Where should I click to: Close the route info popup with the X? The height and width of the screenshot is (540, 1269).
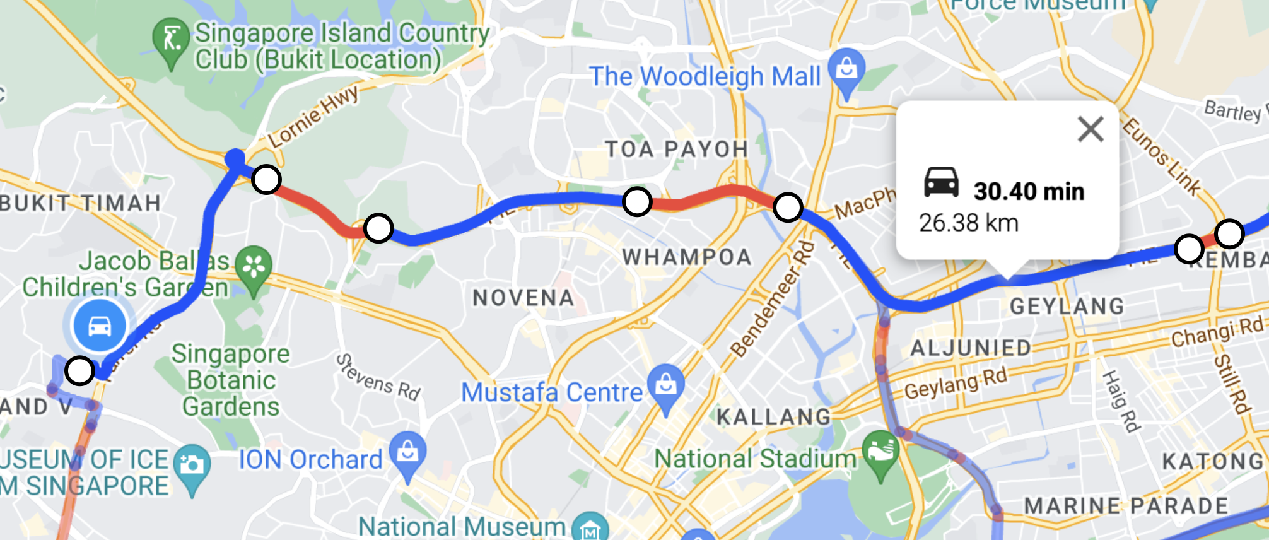1091,129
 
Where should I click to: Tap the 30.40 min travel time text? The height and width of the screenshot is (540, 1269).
1029,191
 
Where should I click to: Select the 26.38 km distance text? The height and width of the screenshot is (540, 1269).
969,223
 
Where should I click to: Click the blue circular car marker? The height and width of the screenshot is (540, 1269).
100,326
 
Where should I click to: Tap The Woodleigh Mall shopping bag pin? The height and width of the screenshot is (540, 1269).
847,69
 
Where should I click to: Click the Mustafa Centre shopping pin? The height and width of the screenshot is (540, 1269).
666,385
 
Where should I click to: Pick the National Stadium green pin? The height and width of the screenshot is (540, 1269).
880,452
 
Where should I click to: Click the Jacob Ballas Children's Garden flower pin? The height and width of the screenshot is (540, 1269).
254,267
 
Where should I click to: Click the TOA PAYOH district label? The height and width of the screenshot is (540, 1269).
676,150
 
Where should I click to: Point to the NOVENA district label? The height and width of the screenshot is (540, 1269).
523,298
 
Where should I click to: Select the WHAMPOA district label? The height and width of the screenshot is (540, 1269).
687,257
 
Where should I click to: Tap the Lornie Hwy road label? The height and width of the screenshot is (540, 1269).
313,116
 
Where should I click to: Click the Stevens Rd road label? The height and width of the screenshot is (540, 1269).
378,377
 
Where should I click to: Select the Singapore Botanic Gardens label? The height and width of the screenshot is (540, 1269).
231,380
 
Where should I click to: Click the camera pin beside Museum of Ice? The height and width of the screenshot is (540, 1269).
192,467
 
